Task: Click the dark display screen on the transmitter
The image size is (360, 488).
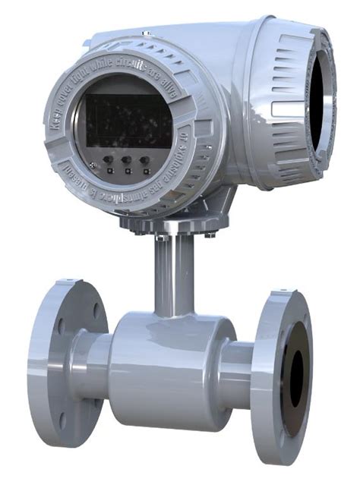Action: pos(128,120)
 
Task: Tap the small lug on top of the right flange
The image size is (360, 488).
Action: pos(279,288)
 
